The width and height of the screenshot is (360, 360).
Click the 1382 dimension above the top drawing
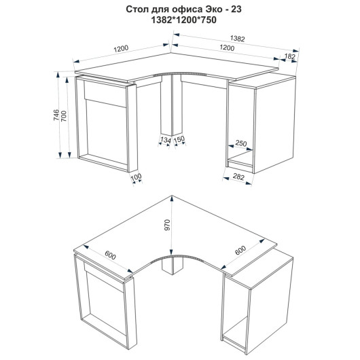238,39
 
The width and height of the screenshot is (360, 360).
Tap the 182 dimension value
290,56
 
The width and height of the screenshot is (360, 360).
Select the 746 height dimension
56,115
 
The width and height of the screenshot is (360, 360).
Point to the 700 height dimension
64,116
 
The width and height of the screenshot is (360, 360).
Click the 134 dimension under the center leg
166,140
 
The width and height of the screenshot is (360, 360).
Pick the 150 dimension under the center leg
179,139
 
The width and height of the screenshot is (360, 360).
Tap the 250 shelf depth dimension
241,143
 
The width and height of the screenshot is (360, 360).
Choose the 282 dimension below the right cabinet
238,177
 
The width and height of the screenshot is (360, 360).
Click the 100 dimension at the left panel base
136,177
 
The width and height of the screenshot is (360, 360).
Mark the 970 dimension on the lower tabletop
167,225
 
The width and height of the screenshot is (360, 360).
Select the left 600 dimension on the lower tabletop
111,255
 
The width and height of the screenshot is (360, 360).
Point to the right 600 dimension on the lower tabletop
240,250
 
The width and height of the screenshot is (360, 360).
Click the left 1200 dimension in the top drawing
121,49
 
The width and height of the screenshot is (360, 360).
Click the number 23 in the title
236,10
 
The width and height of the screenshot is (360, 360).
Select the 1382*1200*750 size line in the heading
183,20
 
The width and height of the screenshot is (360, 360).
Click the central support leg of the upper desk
171,105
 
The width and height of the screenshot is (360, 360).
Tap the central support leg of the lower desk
173,266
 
